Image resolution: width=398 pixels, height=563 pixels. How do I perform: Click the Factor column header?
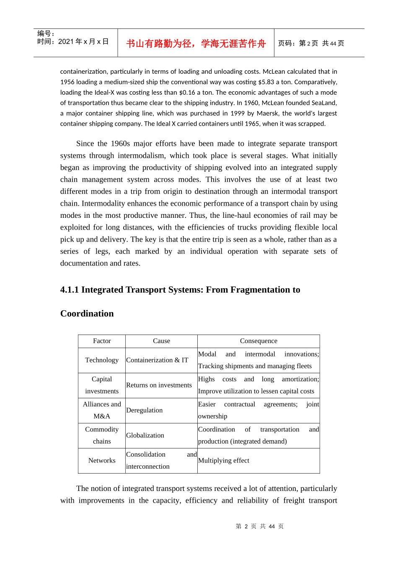102,341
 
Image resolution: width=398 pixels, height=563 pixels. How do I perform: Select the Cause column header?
161,341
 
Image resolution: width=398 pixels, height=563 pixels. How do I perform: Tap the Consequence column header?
258,341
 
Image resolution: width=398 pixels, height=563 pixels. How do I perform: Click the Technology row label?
102,360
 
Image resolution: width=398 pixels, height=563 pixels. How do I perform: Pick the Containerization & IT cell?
157,360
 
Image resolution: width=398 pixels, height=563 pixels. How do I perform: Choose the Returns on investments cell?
159,385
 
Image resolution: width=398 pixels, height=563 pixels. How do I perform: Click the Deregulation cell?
144,410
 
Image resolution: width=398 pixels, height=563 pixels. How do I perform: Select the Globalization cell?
145,435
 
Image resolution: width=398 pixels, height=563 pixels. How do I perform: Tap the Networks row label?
102,460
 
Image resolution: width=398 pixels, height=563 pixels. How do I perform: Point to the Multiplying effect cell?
223,460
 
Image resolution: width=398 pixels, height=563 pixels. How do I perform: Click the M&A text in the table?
102,416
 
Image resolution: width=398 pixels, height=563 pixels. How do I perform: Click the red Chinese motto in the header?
196,44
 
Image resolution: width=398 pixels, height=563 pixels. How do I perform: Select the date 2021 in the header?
66,41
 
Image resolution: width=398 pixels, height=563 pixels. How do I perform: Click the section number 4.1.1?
70,290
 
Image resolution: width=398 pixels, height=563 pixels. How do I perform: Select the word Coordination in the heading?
87,314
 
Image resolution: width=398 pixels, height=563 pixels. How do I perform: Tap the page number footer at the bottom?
260,526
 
